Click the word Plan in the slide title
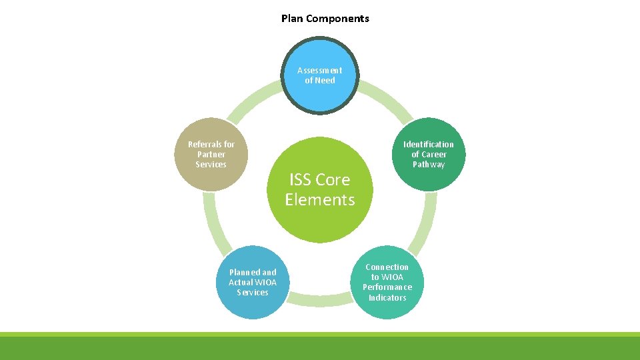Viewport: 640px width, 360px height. coord(291,19)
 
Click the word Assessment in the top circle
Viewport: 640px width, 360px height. coord(320,70)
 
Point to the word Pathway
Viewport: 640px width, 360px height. coord(429,165)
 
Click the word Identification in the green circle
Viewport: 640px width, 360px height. coord(429,144)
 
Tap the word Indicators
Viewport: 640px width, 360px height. coord(387,297)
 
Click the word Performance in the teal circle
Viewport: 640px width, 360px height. coord(387,287)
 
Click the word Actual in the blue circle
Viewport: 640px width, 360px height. coord(240,282)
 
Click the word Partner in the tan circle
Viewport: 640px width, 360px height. coord(211,154)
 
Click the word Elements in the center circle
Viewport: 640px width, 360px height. coord(320,199)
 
